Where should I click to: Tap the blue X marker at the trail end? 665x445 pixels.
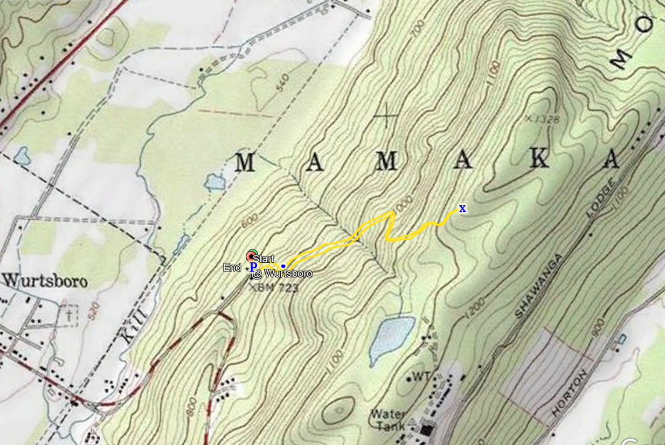click(462, 208)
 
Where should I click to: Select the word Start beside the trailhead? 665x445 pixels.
click(264, 259)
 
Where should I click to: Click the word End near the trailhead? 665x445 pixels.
click(232, 268)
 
